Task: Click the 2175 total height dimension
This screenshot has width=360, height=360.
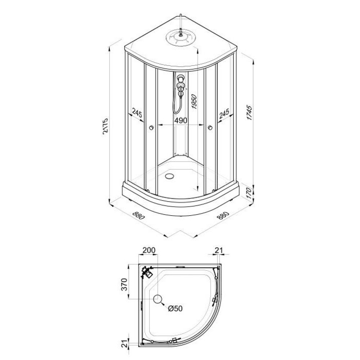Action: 105,126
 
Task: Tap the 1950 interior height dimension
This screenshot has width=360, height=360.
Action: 194,102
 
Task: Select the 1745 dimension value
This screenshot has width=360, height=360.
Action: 249,112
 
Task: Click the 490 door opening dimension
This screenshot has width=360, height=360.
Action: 181,120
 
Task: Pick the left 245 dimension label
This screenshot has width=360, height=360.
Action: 137,113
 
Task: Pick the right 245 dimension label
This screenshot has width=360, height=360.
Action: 224,114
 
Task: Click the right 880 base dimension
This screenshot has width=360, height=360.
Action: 224,215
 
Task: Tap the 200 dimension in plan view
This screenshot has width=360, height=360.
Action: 149,250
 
